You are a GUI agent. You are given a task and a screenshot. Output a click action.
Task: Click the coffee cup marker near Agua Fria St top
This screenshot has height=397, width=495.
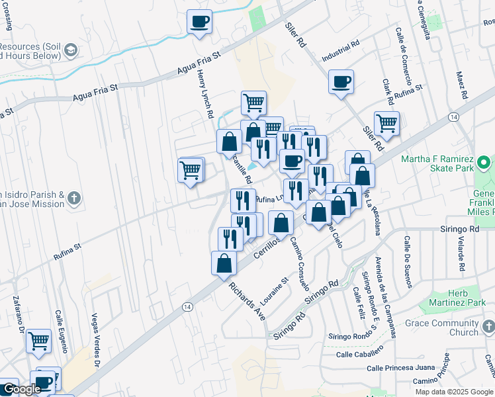199,22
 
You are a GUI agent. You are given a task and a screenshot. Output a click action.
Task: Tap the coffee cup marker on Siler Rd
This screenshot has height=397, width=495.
341,82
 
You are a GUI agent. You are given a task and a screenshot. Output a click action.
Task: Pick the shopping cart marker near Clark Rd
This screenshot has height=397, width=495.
386,123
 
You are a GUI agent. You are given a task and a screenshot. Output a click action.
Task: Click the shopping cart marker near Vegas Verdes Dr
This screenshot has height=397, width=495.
39,341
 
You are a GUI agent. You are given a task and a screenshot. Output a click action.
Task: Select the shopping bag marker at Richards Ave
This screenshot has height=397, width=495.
224,263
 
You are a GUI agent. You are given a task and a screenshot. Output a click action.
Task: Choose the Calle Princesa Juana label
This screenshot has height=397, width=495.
393,367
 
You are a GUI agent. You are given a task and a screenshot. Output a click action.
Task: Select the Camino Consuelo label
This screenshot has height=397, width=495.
298,265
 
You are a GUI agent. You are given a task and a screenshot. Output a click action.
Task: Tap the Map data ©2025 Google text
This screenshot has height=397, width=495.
454,392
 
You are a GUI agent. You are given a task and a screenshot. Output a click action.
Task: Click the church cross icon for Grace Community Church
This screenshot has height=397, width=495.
488,327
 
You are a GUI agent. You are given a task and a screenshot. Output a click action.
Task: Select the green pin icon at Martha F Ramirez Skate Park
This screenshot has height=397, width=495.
484,161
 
